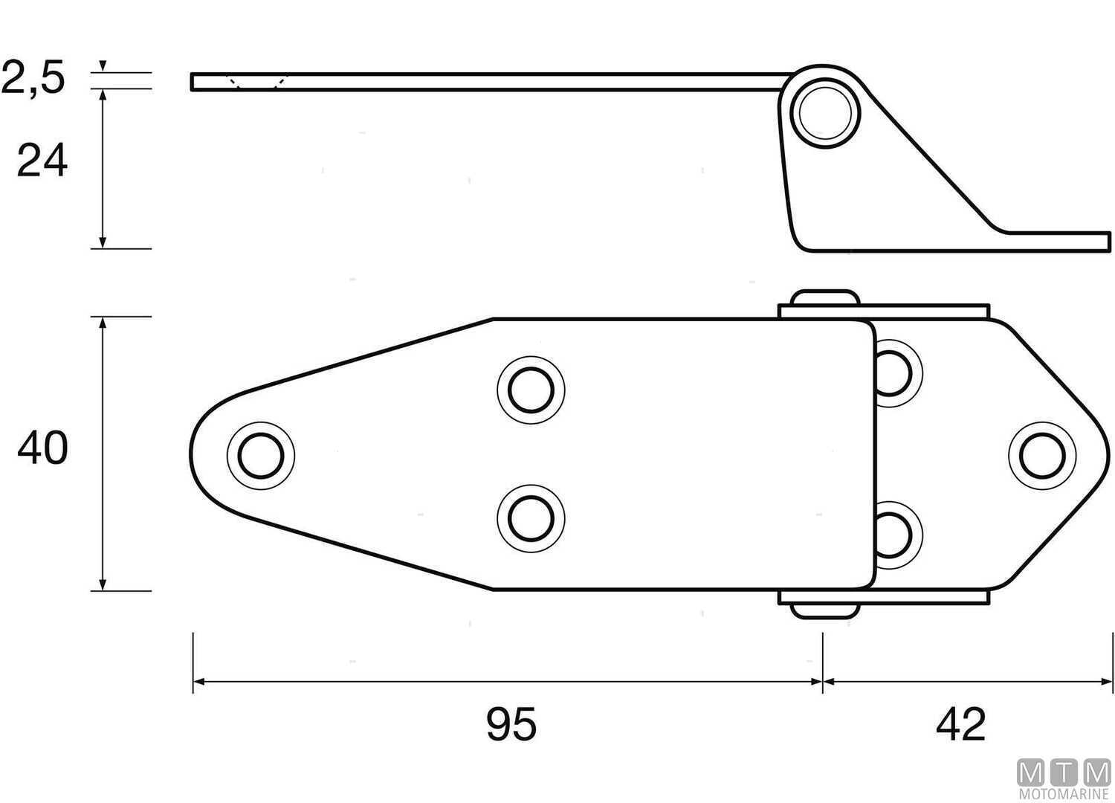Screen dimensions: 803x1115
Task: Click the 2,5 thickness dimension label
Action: tap(33, 78)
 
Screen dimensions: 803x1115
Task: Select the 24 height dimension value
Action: tap(42, 161)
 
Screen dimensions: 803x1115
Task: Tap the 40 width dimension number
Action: tap(42, 448)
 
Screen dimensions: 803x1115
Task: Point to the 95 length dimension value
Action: tap(511, 723)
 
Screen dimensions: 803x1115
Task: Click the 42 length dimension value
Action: tap(961, 723)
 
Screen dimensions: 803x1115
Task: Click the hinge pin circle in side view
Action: tap(825, 115)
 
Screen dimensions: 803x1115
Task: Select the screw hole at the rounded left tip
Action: tap(261, 455)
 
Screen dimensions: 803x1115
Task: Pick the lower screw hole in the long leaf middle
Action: tap(531, 518)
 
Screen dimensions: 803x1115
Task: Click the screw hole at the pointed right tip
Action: tap(1042, 455)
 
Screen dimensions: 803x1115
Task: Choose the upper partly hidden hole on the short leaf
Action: tap(896, 372)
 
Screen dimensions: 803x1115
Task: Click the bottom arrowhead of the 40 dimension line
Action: tap(103, 584)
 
